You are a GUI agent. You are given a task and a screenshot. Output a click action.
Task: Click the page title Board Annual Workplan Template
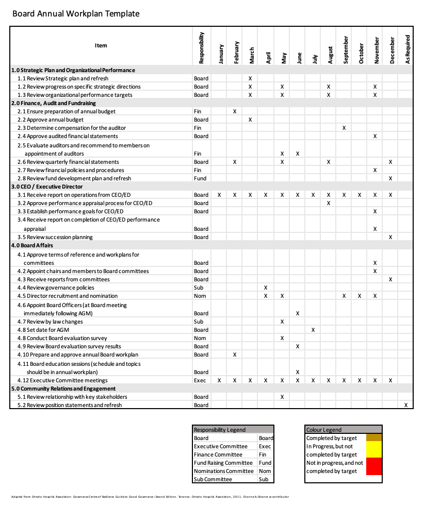click(76, 14)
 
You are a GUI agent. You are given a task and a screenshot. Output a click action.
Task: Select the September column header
click(346, 50)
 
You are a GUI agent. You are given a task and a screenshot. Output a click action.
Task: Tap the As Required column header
click(407, 49)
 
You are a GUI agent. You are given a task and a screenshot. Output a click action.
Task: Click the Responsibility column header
click(201, 48)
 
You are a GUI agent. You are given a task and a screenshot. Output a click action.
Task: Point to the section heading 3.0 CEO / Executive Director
click(47, 187)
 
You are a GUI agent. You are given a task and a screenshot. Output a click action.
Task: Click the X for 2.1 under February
click(235, 111)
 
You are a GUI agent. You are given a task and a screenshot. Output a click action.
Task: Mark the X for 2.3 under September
click(344, 128)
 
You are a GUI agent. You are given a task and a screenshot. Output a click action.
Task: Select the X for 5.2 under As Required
click(406, 405)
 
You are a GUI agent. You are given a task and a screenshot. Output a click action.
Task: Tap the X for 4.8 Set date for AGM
click(313, 330)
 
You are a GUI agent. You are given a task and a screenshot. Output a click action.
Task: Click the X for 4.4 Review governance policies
click(266, 288)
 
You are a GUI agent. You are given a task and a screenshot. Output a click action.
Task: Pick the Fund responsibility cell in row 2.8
click(200, 178)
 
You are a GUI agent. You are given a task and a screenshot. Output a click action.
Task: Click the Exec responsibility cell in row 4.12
click(200, 380)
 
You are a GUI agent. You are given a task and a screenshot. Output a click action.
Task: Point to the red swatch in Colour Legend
click(374, 466)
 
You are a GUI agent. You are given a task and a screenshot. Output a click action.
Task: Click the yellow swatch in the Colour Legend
click(374, 450)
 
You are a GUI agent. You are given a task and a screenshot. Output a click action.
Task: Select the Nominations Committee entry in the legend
click(224, 471)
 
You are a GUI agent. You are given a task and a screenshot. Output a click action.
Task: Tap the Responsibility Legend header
click(220, 430)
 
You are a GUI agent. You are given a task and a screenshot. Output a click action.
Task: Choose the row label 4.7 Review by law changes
click(50, 322)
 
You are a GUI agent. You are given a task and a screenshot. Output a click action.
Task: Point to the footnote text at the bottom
click(150, 497)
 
